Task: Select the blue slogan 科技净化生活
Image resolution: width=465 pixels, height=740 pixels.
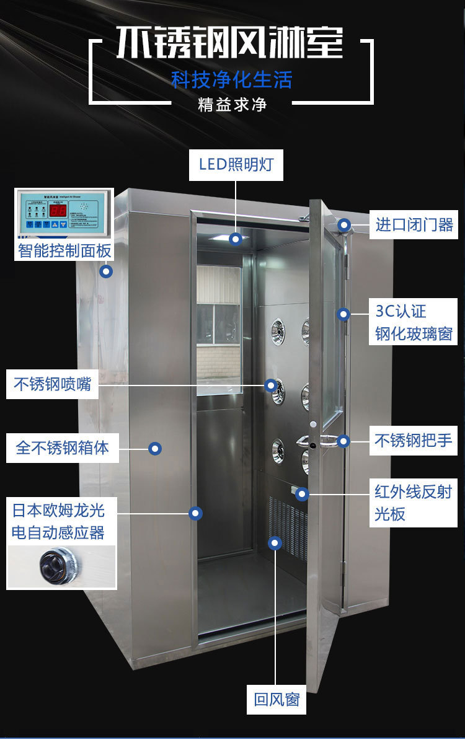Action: (232, 79)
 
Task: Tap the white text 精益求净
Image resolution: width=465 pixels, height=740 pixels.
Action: (232, 104)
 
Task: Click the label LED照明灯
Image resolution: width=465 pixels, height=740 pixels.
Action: (236, 165)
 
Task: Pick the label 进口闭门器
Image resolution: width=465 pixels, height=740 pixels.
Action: (414, 224)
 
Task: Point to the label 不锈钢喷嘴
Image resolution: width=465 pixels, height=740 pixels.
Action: (53, 384)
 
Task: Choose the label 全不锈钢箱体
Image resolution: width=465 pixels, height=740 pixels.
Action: (62, 447)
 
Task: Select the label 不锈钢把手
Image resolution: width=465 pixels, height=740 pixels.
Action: (414, 441)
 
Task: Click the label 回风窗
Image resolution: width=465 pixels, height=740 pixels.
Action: (277, 700)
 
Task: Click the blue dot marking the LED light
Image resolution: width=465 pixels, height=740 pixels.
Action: (236, 239)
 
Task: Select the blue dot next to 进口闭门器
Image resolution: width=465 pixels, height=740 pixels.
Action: (344, 225)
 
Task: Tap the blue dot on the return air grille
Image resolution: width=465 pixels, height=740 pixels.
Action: (275, 543)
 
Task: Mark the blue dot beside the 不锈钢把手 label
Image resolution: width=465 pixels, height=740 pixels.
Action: (343, 441)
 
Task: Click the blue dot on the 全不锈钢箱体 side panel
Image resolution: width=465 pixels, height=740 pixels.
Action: (155, 447)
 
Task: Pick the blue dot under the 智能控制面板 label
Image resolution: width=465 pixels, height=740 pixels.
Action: (107, 271)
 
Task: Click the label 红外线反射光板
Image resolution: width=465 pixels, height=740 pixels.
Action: (414, 502)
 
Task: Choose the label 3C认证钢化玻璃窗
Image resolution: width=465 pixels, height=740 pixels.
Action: (414, 322)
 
